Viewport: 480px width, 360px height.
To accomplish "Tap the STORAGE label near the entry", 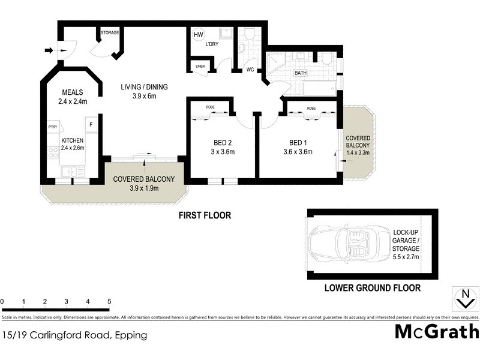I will [110, 33].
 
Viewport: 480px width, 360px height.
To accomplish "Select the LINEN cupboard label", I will [200, 67].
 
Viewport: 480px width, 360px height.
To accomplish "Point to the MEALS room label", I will [73, 92].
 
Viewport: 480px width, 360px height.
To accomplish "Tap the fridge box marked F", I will [91, 125].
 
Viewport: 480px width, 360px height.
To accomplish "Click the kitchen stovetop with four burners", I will [53, 152].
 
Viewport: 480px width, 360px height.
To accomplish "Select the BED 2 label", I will [223, 143].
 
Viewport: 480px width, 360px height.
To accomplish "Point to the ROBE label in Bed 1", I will [311, 109].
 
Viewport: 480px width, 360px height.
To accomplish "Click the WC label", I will [251, 70].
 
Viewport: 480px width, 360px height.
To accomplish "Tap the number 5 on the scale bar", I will [109, 301].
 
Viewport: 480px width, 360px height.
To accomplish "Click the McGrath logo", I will [436, 331].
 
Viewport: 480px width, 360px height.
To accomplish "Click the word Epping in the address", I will [131, 335].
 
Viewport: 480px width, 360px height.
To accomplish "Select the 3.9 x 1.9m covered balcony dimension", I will [143, 188].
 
